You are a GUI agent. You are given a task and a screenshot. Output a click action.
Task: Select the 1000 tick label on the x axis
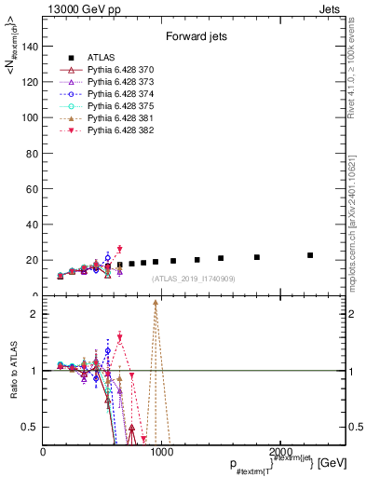[161, 452]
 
